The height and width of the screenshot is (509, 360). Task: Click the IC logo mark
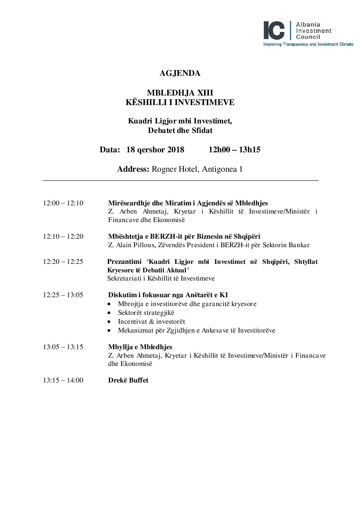coord(274,30)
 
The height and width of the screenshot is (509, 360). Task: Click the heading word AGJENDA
coord(180,73)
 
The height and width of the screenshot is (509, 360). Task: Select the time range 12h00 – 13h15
coord(234,150)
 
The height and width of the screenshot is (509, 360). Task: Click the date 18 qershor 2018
coord(155,150)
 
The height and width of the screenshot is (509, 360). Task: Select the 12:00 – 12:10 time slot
coord(63,203)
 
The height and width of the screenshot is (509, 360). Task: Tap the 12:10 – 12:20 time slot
coord(63,236)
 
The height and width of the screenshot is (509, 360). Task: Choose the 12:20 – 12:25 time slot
coord(63,261)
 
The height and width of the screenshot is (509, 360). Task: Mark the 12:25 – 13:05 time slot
coord(63,295)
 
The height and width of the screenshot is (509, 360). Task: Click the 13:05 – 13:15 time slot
coord(63,347)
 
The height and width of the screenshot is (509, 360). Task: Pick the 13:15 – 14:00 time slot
coord(63,380)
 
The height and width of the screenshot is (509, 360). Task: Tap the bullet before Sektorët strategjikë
coord(109,313)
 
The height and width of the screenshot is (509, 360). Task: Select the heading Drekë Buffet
coord(128,380)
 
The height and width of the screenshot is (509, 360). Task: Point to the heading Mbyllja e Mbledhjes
coord(140,347)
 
